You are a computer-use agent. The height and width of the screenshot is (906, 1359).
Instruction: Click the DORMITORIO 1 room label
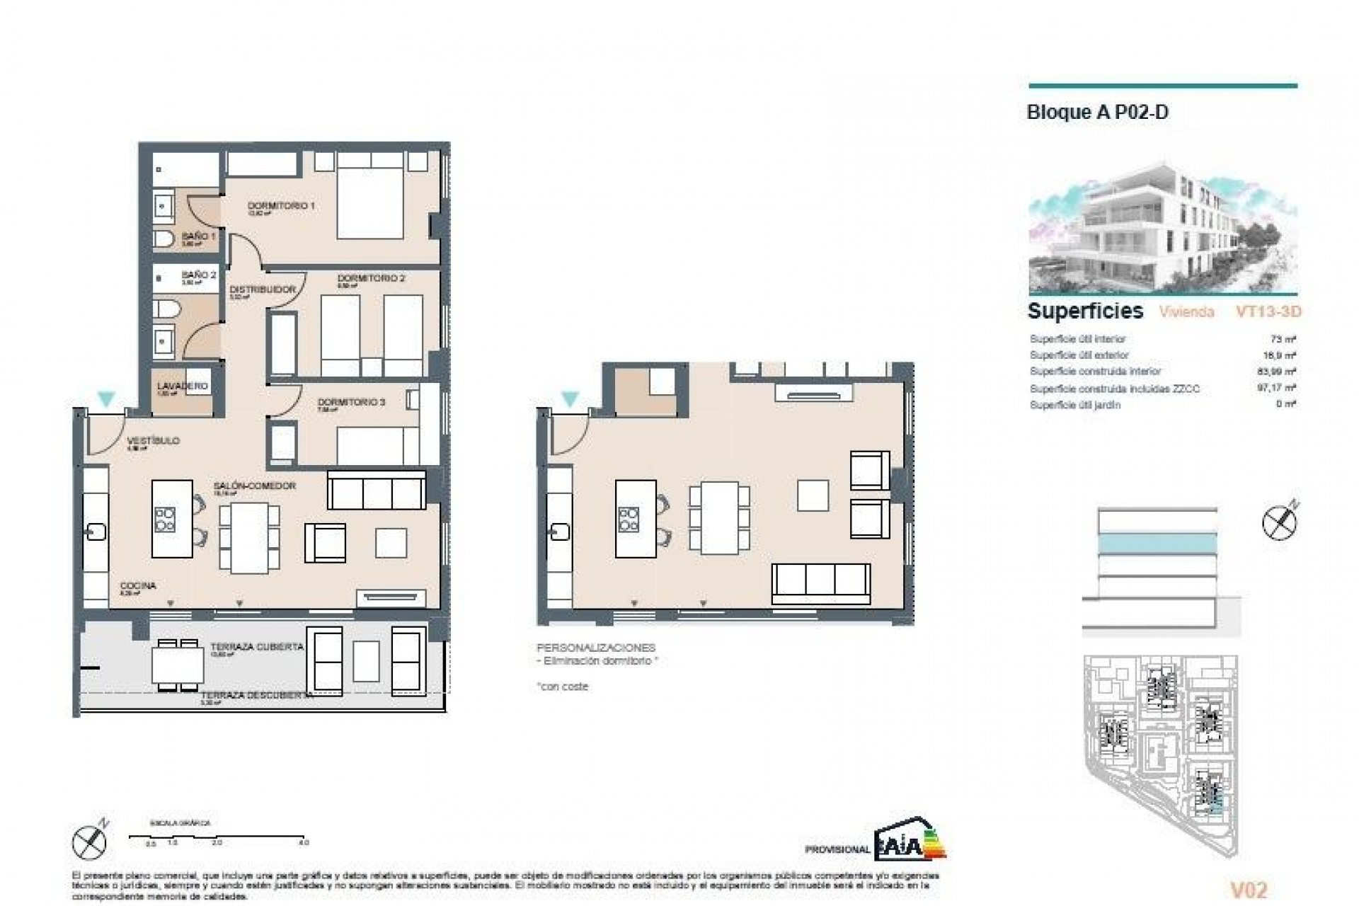281,206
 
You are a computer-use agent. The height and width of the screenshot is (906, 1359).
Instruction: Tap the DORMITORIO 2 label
371,279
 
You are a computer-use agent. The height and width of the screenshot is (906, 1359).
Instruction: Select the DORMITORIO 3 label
351,402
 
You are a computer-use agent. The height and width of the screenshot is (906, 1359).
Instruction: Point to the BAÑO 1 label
198,236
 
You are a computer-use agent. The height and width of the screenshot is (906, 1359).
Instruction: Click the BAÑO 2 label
199,275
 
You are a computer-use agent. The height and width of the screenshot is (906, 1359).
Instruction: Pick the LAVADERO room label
183,386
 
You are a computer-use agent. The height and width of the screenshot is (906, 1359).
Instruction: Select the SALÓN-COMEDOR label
255,486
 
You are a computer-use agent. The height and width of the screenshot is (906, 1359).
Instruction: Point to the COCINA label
138,586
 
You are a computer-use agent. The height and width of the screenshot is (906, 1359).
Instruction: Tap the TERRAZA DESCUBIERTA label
257,696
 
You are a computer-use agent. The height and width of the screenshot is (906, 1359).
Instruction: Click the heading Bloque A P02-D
1097,113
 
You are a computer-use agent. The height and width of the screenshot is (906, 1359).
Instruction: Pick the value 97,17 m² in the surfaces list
1279,388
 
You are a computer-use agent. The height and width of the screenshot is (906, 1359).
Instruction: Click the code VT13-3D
1268,311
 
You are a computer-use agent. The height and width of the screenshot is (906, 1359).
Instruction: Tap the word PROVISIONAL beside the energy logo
837,849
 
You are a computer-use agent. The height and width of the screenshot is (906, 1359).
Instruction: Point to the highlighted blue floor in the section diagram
1157,543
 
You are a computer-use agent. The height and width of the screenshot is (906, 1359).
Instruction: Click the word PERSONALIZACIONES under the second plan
596,648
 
